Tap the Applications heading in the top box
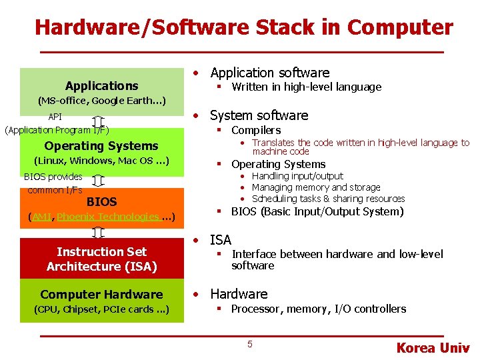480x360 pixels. coord(102,85)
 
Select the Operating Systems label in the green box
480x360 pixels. coord(101,146)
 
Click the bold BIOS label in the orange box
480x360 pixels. coord(102,201)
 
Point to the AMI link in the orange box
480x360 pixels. coord(41,217)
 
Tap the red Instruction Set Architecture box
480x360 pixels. coord(102,259)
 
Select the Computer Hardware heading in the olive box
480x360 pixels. coord(101,294)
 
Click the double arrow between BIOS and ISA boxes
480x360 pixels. coord(98,232)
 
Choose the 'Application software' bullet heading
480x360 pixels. coord(270,73)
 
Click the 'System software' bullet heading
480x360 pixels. coord(259,115)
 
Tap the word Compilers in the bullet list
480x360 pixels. coord(256,130)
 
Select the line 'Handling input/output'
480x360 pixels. coord(297,176)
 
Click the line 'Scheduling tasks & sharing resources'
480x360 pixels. coord(328,199)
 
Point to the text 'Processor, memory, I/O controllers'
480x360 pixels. coord(319,309)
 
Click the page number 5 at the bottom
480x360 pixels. coord(250,344)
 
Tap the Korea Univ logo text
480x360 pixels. coord(433,348)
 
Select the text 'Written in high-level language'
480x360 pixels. coord(306,87)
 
